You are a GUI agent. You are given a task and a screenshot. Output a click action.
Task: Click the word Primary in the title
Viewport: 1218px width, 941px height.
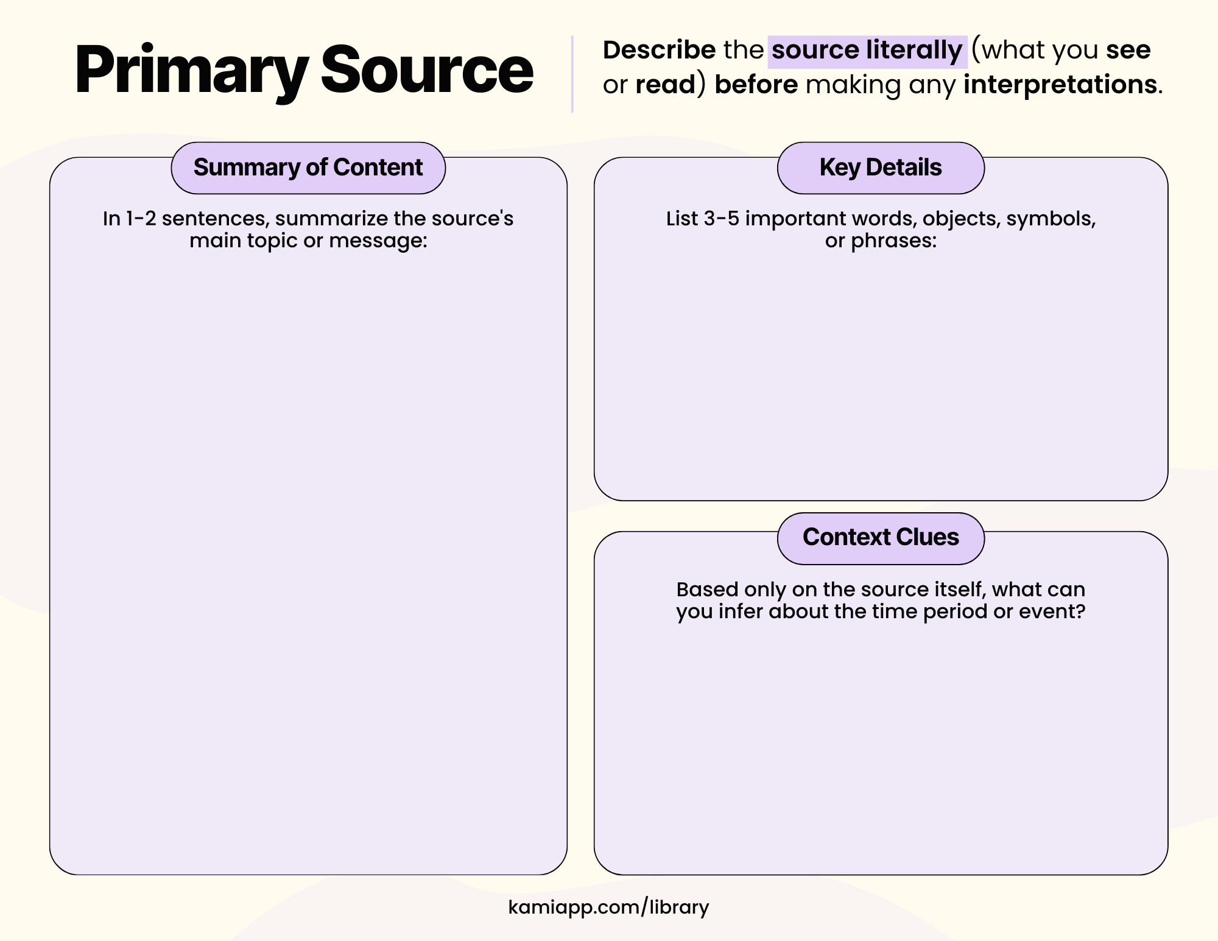pos(191,70)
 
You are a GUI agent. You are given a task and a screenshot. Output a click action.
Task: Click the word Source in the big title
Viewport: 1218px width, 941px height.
pos(426,70)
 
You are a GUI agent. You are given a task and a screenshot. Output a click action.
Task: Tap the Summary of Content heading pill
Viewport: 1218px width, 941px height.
pos(308,167)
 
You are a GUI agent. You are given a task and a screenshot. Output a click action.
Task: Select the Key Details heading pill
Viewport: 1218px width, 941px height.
pos(881,167)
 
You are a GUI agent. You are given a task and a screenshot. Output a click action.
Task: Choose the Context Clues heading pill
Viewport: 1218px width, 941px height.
pos(881,537)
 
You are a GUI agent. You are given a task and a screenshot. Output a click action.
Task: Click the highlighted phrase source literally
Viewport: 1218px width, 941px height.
pos(867,50)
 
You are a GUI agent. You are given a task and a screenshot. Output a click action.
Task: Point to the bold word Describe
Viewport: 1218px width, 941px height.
pos(659,50)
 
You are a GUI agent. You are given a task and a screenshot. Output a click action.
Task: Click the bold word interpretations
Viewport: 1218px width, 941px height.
pos(1060,85)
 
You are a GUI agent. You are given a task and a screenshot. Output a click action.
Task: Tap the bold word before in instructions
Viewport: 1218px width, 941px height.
pos(756,85)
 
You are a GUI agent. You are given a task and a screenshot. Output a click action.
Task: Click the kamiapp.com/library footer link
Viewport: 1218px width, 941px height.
pos(608,907)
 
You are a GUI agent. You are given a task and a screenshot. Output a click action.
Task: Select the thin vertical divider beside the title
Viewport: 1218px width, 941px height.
pos(572,74)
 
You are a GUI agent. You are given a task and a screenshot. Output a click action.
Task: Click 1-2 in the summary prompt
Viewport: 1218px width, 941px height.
pos(141,219)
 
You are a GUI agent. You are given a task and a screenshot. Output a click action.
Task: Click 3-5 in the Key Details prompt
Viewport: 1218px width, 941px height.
pos(721,219)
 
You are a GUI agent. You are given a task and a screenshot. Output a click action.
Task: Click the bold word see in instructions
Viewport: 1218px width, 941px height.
pos(1128,50)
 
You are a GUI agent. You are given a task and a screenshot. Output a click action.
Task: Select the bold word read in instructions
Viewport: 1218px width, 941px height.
pos(665,85)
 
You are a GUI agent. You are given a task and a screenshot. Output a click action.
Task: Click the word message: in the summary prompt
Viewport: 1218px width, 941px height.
pos(378,241)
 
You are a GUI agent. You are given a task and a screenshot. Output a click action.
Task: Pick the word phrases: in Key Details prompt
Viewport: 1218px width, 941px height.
pos(893,241)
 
